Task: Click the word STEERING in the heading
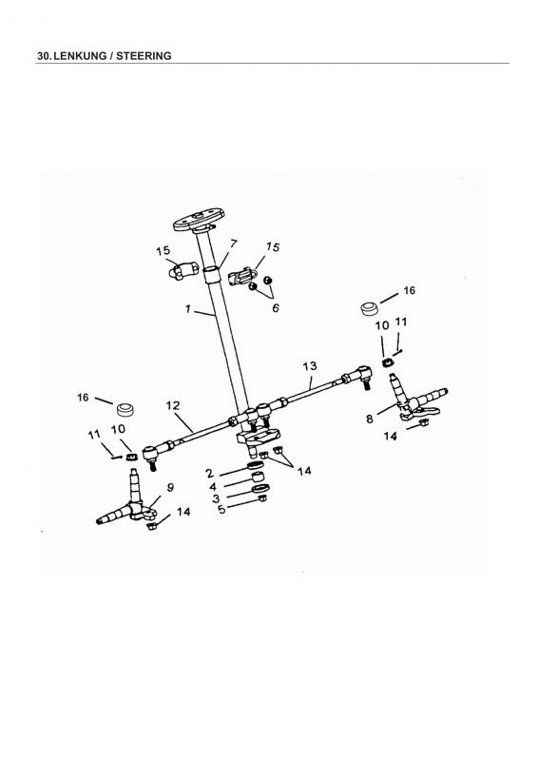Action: [x=144, y=56]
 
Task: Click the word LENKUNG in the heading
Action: [x=80, y=56]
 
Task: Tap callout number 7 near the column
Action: [x=233, y=244]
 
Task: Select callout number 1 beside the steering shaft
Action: [x=188, y=308]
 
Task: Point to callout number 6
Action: [x=276, y=307]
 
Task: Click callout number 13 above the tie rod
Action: [x=310, y=366]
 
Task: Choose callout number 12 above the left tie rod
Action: [x=173, y=405]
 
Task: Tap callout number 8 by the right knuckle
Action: [x=370, y=419]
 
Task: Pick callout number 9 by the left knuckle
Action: [x=170, y=487]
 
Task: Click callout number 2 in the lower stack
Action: [x=209, y=473]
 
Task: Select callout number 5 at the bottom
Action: [x=221, y=510]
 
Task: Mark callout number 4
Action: [x=213, y=486]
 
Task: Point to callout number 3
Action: [x=216, y=498]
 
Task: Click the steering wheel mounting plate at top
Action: [x=199, y=220]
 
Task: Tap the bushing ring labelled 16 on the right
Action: [x=370, y=308]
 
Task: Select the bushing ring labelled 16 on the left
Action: [x=126, y=409]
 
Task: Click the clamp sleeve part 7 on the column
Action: [x=211, y=274]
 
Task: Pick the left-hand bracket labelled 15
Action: [x=183, y=270]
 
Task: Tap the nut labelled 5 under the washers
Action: [x=262, y=498]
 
